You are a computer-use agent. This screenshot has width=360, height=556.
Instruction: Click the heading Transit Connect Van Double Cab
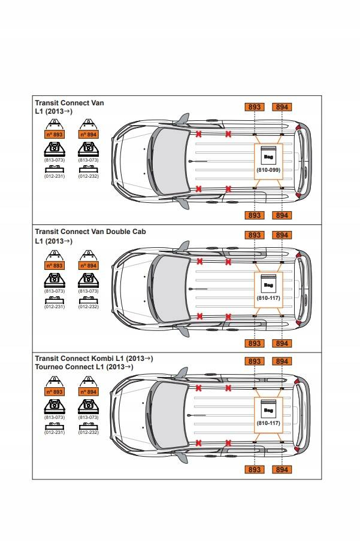click(90, 231)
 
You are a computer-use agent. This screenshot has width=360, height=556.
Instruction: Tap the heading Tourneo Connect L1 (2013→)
click(84, 366)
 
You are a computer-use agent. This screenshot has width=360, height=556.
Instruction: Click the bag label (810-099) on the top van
click(268, 170)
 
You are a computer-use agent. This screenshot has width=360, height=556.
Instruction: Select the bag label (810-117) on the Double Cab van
click(268, 298)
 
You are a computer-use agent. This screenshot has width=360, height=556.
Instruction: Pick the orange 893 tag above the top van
click(255, 107)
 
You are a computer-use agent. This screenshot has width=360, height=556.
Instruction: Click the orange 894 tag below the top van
click(282, 215)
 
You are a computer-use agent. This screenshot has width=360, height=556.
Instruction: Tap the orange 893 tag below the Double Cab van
click(255, 344)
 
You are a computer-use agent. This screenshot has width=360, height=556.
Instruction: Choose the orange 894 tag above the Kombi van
click(282, 361)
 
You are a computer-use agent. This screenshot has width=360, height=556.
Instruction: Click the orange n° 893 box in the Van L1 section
click(55, 135)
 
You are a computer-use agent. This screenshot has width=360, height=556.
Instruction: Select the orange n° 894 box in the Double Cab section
click(88, 266)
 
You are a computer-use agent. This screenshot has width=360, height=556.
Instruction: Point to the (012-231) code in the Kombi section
click(55, 432)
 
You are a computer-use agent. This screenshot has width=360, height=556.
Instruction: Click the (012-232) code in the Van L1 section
click(88, 177)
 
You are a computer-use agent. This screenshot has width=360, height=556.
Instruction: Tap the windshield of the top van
click(171, 161)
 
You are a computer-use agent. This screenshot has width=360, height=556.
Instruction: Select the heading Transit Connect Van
click(69, 103)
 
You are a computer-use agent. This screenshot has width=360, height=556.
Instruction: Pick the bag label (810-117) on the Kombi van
click(268, 423)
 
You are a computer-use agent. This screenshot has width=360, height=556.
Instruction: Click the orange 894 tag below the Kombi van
click(282, 469)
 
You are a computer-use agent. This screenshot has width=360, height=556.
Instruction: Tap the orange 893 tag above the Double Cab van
click(255, 235)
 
